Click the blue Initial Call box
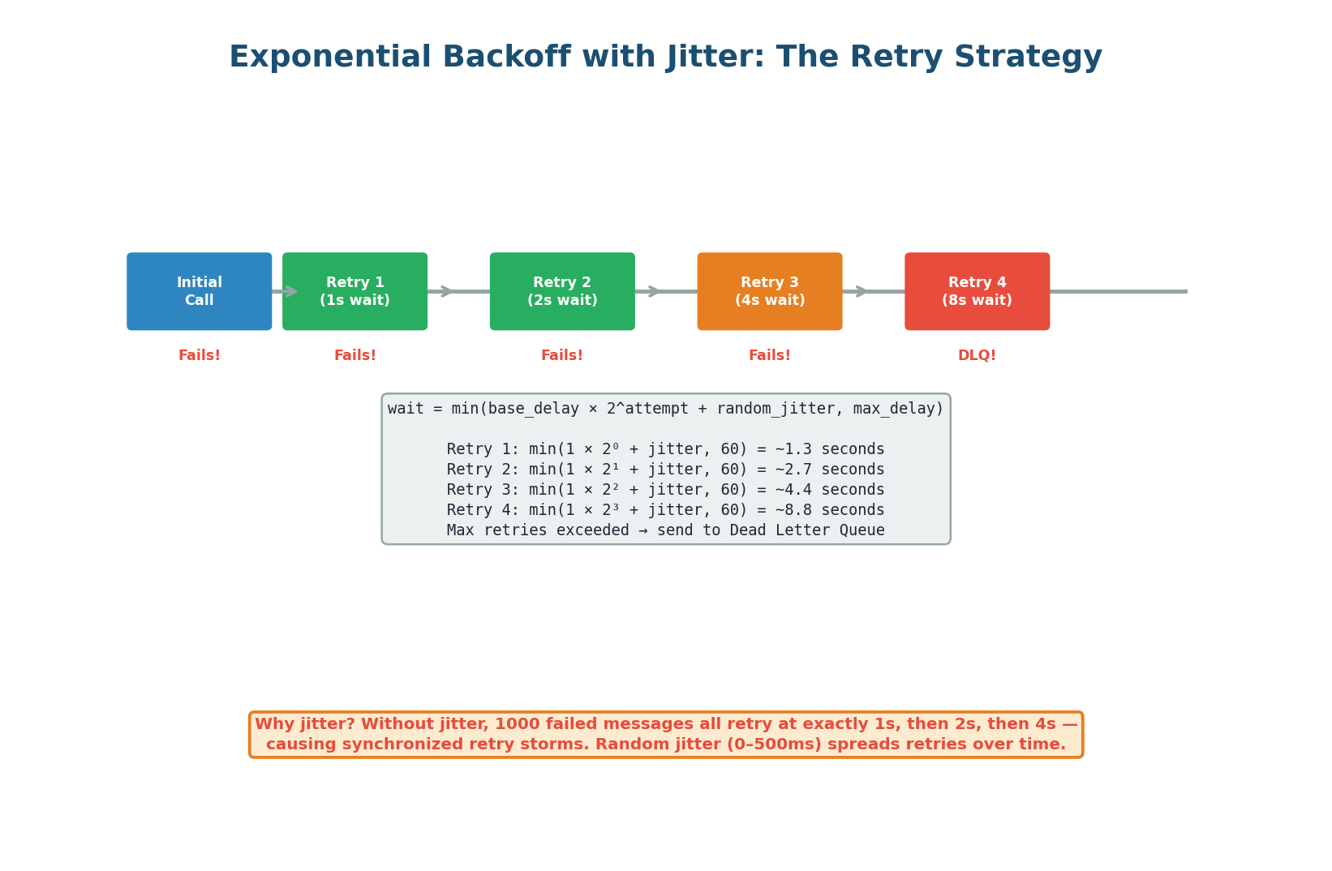tap(199, 291)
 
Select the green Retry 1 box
tap(354, 291)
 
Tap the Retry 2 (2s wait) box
tap(562, 291)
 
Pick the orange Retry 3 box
tap(770, 291)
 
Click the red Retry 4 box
tap(977, 291)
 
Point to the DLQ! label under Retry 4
tap(977, 355)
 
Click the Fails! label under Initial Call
tap(199, 355)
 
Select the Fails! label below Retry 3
tap(770, 355)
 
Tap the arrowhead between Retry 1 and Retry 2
tap(446, 291)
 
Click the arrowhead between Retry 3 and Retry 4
tap(862, 291)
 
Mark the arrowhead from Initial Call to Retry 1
tap(291, 291)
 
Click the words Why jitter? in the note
tap(304, 724)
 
